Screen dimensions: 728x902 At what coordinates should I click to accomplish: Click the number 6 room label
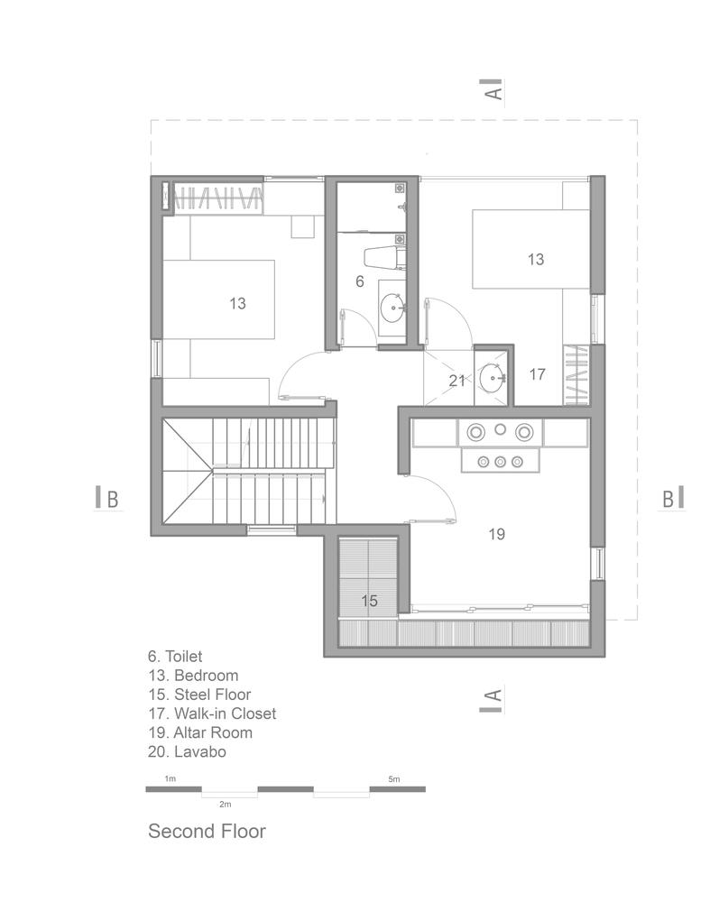coord(360,281)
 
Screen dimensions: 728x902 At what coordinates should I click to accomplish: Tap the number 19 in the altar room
coord(497,534)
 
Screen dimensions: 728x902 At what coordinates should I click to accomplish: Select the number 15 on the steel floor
coord(370,601)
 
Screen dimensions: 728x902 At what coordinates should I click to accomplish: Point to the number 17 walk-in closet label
coord(537,374)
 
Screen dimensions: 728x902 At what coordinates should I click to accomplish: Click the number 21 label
coord(457,381)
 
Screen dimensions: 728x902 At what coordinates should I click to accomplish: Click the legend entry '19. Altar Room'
coord(200,732)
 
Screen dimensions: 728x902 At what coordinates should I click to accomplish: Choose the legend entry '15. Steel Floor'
coord(199,695)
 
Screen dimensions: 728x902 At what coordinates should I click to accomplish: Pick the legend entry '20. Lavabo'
coord(187,752)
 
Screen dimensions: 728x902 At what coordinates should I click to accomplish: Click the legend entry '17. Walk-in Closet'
coord(212,713)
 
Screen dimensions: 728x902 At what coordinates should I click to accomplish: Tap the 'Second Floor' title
coord(207,832)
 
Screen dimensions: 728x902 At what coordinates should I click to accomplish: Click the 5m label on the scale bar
coord(393,779)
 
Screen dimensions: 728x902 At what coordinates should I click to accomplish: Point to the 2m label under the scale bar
coord(225,805)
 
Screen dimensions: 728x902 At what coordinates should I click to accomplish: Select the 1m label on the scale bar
coord(170,779)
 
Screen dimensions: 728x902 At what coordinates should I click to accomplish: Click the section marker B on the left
coord(107,499)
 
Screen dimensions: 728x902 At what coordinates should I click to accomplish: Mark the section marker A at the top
coord(493,90)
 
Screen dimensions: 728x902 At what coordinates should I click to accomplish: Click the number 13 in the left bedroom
coord(237,303)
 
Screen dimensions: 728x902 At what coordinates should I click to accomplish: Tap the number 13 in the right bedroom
coord(536,260)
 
